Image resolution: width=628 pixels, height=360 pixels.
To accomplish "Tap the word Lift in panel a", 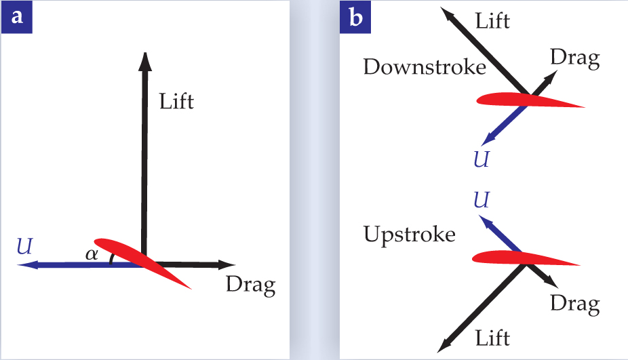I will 176,102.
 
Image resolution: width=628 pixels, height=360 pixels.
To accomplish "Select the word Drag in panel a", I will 250,285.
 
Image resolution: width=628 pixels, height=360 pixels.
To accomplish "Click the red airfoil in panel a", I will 142,261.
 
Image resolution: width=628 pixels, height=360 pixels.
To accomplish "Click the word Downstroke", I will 425,66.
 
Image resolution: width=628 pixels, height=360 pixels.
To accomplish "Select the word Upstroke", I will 409,235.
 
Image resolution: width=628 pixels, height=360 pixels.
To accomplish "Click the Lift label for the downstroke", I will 493,20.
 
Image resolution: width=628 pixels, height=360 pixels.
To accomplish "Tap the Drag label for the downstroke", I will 575,58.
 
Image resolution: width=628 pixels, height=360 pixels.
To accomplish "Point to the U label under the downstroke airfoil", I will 480,160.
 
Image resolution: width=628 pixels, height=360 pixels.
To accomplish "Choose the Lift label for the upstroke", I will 491,336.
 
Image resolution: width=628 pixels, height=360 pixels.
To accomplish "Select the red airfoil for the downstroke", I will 529,100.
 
